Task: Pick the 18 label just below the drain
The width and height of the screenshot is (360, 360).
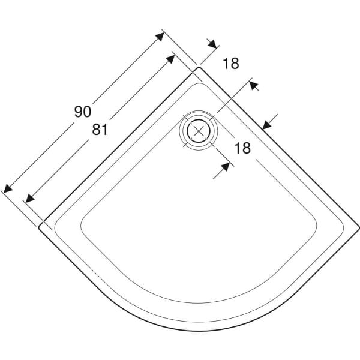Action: (x=241, y=148)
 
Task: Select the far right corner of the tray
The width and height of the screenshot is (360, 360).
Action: (x=358, y=227)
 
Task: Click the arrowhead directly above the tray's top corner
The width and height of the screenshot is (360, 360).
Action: (x=212, y=44)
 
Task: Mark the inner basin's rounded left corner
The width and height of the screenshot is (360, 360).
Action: (x=85, y=219)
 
